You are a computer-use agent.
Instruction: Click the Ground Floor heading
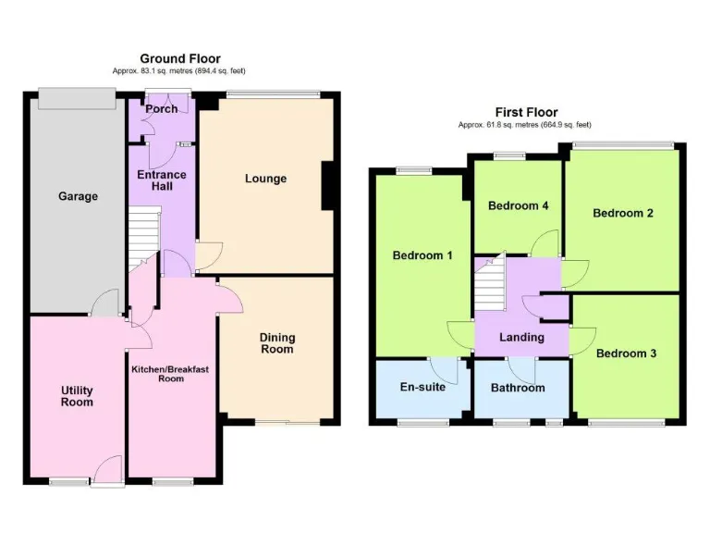[x=180, y=59]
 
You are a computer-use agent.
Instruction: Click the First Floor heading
[x=526, y=113]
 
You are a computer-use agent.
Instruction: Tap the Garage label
[x=78, y=196]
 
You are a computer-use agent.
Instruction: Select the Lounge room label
[x=265, y=179]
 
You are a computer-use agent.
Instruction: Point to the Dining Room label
[x=276, y=343]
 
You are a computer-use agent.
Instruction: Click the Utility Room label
[x=77, y=396]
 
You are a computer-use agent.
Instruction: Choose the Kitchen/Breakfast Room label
[x=171, y=374]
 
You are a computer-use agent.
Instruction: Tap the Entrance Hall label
[x=162, y=180]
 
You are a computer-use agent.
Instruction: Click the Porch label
[x=161, y=109]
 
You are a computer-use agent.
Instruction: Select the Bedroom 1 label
[x=422, y=255]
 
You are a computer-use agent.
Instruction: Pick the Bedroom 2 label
[x=623, y=213]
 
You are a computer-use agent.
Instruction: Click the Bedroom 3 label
[x=626, y=353]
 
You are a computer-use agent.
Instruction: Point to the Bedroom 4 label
[x=519, y=205]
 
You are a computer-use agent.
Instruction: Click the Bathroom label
[x=518, y=388]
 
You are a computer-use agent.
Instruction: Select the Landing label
[x=521, y=338]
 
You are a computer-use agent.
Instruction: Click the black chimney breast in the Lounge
[x=327, y=186]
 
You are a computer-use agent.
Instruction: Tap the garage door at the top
[x=77, y=96]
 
